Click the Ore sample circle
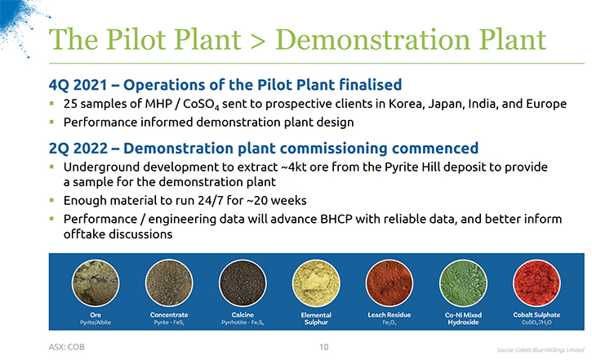(x=96, y=283)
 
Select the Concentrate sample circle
(x=169, y=283)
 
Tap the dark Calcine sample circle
(x=243, y=283)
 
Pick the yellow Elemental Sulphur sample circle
(x=316, y=283)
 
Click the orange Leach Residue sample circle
(x=389, y=283)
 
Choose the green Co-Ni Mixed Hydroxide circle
(x=463, y=283)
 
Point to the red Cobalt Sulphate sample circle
(x=536, y=283)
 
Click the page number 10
(x=324, y=347)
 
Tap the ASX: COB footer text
(x=66, y=347)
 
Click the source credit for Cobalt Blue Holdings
(x=541, y=350)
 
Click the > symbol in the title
(x=258, y=41)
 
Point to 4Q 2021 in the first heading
(x=78, y=85)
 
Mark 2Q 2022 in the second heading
(x=78, y=149)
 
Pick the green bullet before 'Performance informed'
(x=51, y=122)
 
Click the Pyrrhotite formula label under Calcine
(x=243, y=322)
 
